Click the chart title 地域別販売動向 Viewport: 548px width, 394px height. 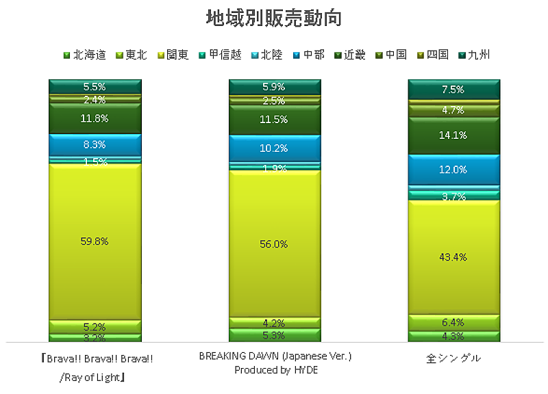tap(274, 18)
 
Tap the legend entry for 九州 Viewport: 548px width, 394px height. tap(478, 55)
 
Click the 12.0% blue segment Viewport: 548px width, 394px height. tap(453, 170)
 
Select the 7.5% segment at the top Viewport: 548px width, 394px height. tap(453, 90)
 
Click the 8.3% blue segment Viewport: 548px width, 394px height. tap(95, 145)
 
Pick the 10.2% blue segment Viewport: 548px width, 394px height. tap(274, 148)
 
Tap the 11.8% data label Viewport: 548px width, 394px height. tap(95, 118)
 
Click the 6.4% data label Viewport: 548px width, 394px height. tap(453, 322)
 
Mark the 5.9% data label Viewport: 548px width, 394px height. tap(274, 87)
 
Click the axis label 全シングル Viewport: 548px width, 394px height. tap(453, 358)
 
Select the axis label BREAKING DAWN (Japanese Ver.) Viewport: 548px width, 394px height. tap(274, 357)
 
